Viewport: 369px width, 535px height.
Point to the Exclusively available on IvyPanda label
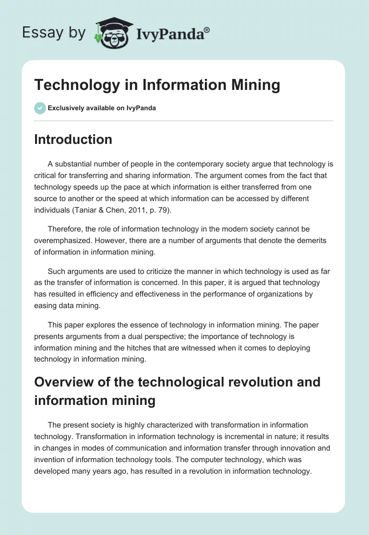point(101,108)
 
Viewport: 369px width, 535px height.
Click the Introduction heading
point(73,139)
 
